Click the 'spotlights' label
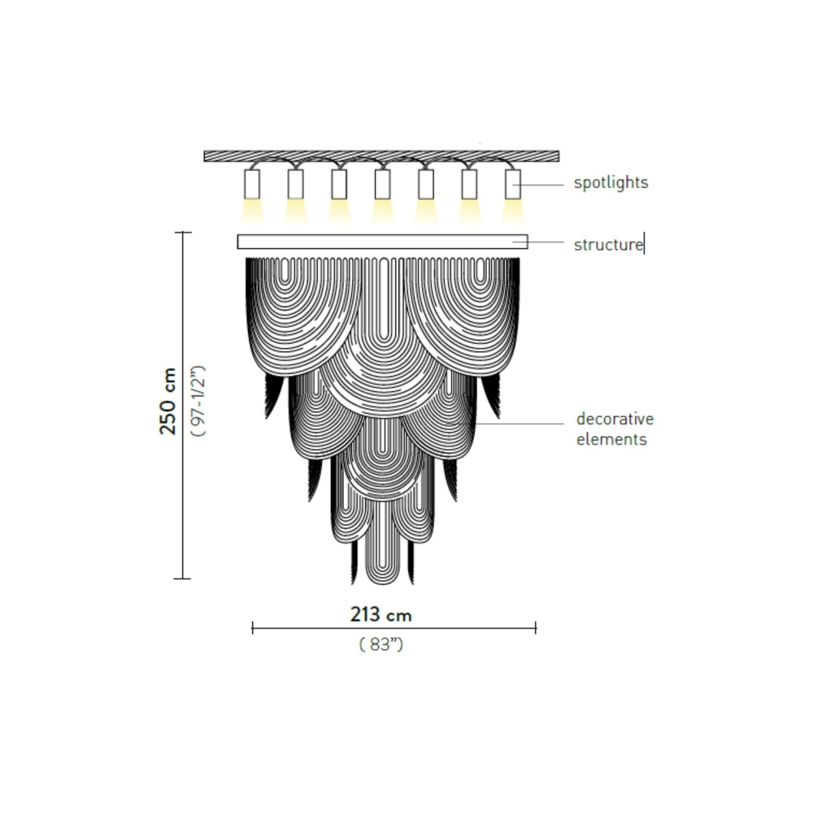click(x=611, y=183)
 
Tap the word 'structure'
click(x=607, y=244)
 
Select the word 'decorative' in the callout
click(x=615, y=420)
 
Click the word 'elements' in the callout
click(x=611, y=440)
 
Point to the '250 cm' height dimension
click(x=168, y=402)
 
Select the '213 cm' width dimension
click(x=381, y=615)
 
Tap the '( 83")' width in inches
click(x=381, y=645)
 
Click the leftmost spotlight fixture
click(x=252, y=184)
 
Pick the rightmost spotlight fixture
click(x=512, y=184)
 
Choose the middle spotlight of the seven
click(x=382, y=184)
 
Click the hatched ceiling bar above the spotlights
click(x=381, y=155)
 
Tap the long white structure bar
click(x=382, y=241)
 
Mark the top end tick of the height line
click(x=183, y=233)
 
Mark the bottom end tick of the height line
click(x=183, y=579)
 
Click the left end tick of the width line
click(x=253, y=628)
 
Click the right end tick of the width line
click(x=536, y=628)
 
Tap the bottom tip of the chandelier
click(x=382, y=582)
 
